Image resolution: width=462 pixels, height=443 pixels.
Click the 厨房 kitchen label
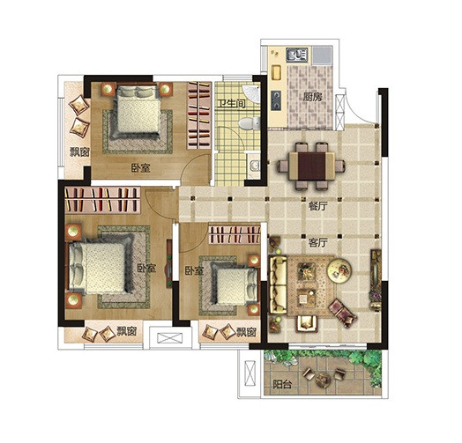coord(313,97)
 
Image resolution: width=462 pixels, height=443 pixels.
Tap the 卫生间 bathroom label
coord(232,104)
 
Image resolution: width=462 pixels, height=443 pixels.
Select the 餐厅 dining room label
coord(318,206)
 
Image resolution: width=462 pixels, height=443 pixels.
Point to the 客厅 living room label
coord(318,243)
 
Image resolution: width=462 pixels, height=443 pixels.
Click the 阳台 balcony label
coord(282,384)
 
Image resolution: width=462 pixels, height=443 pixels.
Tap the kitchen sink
coord(297,55)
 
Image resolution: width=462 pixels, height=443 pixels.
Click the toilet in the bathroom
coord(250,123)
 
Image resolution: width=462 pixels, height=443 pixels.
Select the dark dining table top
coord(312,166)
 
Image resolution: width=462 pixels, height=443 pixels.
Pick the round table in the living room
coord(339,270)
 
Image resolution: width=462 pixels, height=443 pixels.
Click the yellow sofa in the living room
coord(279,285)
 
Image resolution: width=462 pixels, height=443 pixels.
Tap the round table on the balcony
coord(323,380)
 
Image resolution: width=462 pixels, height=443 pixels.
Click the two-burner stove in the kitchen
coord(276,100)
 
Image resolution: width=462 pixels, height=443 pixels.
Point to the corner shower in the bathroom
coord(251,93)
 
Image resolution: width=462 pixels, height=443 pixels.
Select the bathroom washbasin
coord(254,166)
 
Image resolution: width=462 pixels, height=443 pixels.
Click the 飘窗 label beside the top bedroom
coord(79,152)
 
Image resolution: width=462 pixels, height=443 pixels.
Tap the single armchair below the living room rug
coord(307,324)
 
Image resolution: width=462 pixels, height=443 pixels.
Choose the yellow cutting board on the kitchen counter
coord(276,72)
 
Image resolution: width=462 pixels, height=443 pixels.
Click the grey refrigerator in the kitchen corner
coord(323,55)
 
